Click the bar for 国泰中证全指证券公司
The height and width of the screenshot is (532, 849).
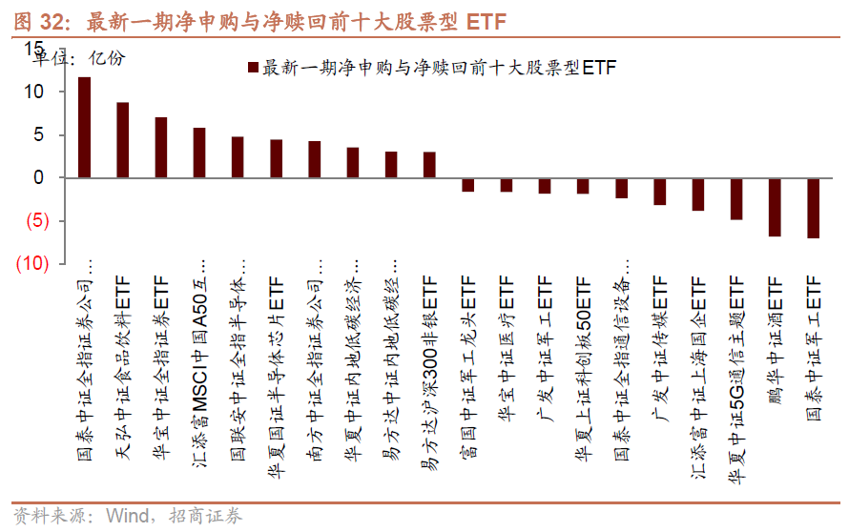click(84, 128)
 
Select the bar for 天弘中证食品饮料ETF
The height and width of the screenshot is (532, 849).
click(123, 140)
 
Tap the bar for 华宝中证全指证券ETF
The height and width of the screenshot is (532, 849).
click(161, 148)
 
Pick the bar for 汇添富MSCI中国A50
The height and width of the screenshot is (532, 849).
click(199, 153)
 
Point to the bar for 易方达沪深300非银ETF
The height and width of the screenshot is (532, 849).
click(429, 165)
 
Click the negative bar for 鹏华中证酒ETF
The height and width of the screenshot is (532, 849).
click(775, 207)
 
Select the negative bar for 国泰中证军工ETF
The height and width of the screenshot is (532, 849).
click(813, 208)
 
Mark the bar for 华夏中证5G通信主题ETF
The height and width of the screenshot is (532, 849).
click(736, 198)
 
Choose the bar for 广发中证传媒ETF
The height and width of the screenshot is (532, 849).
click(659, 192)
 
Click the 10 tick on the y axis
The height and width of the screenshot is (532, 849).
click(33, 92)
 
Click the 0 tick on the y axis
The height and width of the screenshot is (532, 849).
click(38, 178)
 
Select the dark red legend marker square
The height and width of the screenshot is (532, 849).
click(253, 68)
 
